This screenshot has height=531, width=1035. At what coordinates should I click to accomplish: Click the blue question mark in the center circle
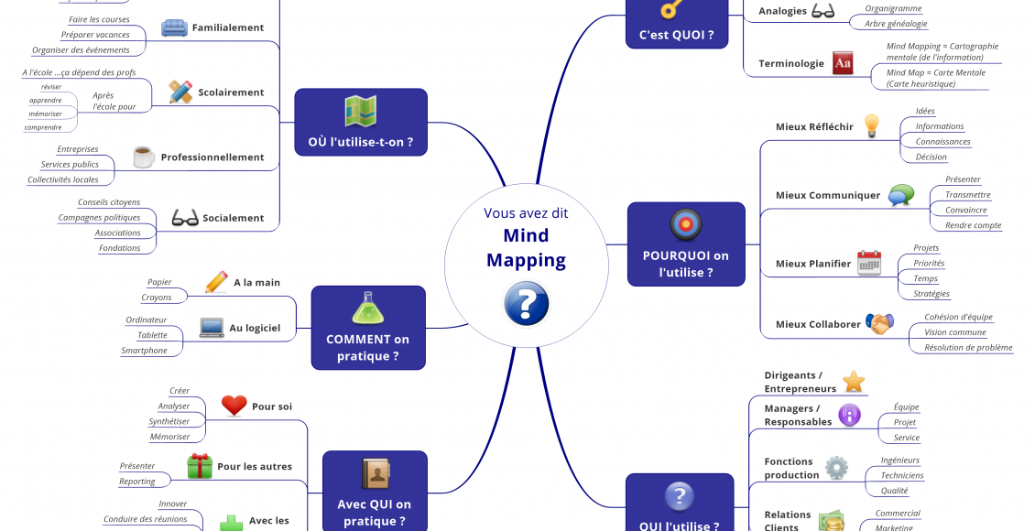coord(527,302)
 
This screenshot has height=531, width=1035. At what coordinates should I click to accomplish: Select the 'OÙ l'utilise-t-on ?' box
coord(361,123)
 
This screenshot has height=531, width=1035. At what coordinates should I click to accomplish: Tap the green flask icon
coord(367,309)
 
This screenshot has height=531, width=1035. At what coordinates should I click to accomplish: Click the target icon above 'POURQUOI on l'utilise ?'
coord(685,225)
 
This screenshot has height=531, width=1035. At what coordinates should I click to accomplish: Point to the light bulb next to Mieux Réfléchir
coord(872,125)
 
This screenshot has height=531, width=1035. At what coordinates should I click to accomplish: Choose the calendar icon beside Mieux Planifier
coord(868,263)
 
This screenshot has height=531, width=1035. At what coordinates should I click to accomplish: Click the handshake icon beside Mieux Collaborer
coord(879,323)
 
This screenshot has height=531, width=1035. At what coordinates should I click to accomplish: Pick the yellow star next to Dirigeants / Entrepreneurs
coord(854,381)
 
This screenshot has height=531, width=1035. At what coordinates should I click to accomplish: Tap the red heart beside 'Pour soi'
coord(234,406)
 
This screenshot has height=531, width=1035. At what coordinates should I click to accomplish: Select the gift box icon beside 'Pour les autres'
coord(199,466)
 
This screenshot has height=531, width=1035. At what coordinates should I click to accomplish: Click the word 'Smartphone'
coord(145,351)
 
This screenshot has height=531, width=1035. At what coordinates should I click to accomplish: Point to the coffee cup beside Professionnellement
coord(143,157)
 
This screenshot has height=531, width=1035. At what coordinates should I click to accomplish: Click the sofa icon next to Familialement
coord(174,27)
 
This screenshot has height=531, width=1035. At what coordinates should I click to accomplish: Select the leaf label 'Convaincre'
coord(965,210)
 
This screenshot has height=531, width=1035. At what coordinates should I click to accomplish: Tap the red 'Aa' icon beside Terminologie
coord(843,63)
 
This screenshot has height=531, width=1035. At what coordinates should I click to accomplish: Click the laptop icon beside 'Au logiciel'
coord(212,327)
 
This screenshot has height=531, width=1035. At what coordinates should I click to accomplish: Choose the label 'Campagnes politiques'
coord(99,218)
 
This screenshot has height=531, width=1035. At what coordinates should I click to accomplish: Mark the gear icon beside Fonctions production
coord(836,468)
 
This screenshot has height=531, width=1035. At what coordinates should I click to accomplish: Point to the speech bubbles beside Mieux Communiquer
coord(901,194)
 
